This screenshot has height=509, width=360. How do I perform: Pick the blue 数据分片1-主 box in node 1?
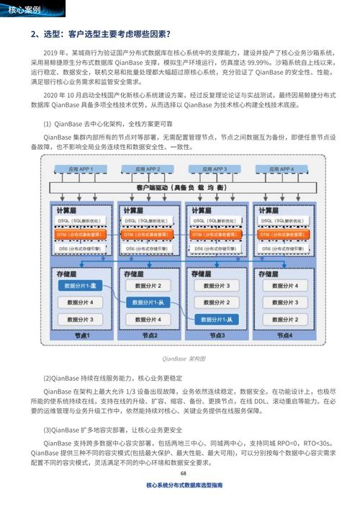pos(81,286)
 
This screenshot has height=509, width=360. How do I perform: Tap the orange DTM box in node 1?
pos(81,234)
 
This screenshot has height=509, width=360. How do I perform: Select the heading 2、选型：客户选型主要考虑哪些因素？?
pos(101,34)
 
